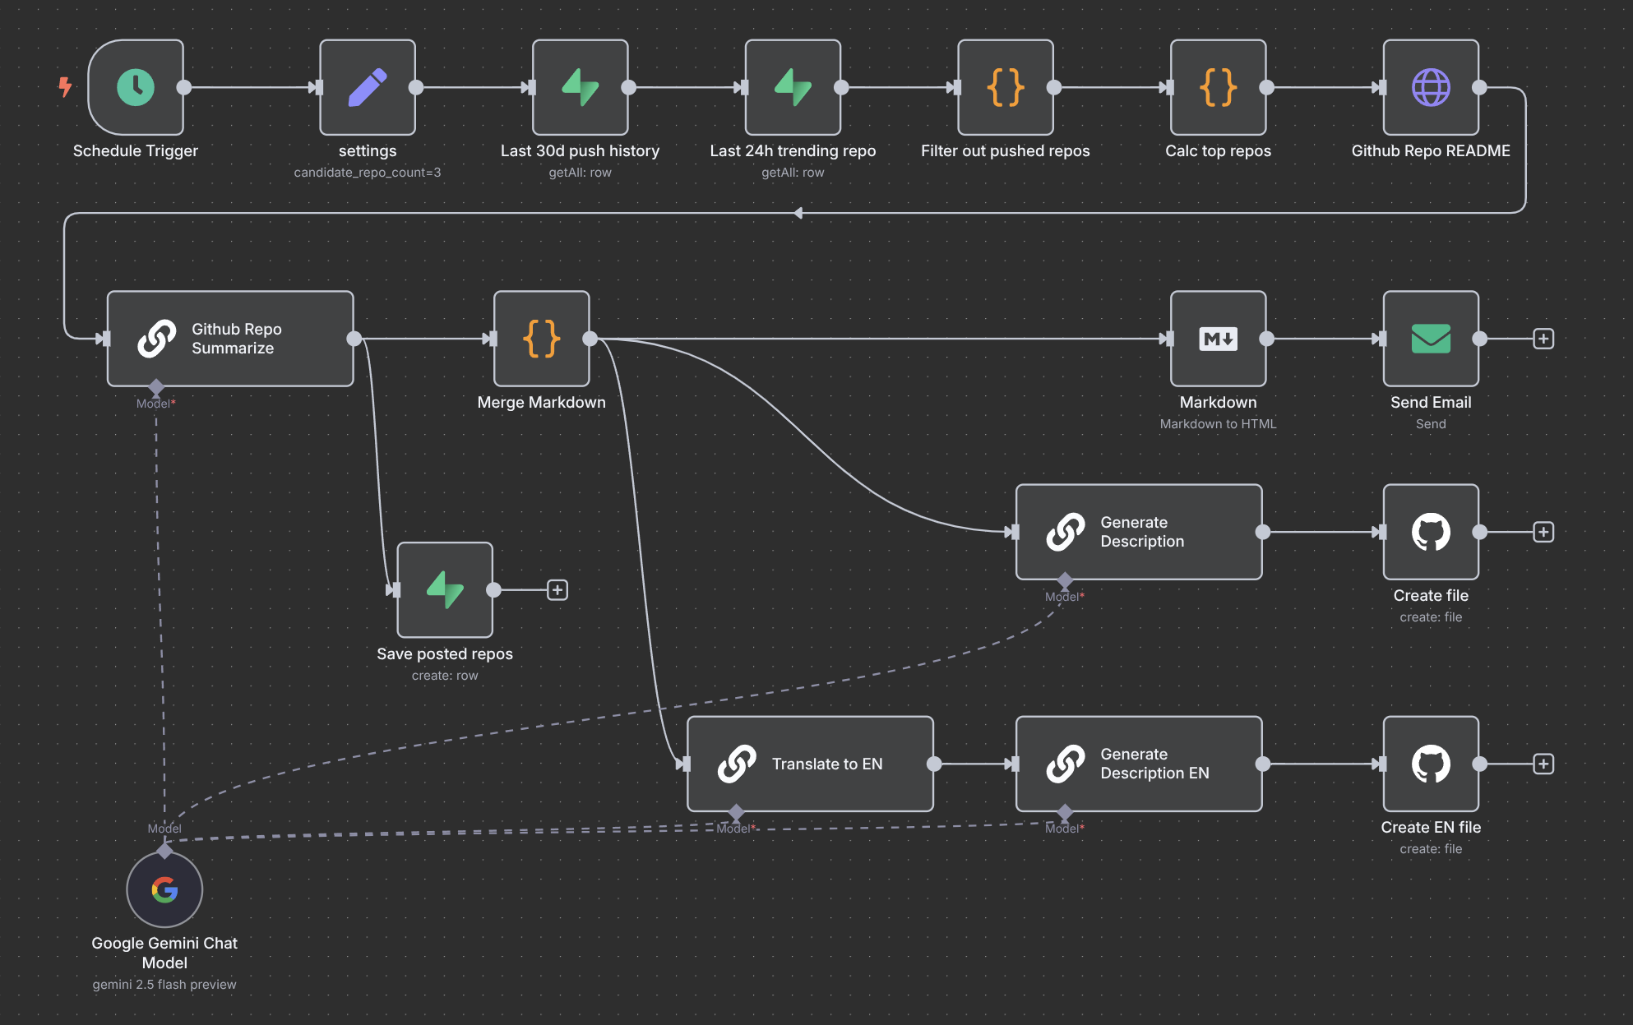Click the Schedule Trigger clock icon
pos(136,87)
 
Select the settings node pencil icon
pos(368,87)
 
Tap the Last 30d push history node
pos(581,87)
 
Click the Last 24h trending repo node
pos(793,87)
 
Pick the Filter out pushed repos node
pos(1006,87)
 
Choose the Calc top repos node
pos(1218,87)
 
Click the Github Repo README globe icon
pos(1431,87)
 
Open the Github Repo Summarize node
pos(230,339)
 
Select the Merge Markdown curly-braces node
pos(541,339)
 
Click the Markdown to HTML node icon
pos(1218,339)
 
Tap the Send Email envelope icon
pos(1431,339)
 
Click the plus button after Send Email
pos(1543,339)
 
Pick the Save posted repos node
pos(445,589)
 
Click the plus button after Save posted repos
pos(557,589)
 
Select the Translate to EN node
pos(810,764)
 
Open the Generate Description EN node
pos(1139,764)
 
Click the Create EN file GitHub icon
pos(1431,764)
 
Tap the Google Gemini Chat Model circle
pos(164,889)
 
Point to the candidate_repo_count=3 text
pos(368,173)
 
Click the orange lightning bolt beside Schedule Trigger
pos(65,86)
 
